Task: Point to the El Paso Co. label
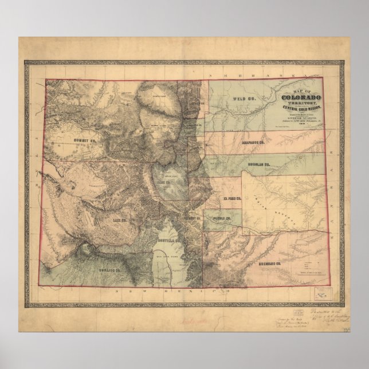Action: tap(232, 198)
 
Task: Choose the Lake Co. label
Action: tap(119, 219)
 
